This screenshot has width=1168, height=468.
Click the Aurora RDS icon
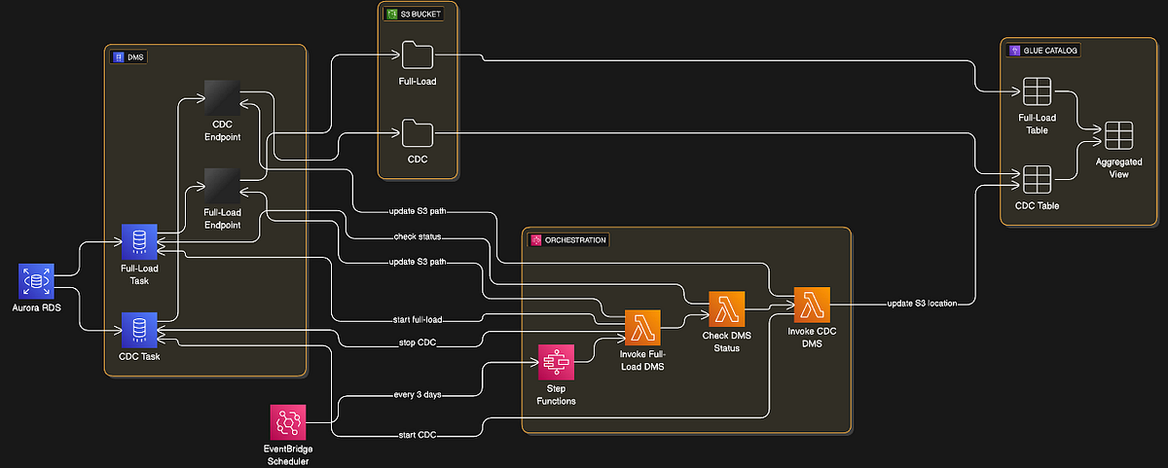tap(38, 281)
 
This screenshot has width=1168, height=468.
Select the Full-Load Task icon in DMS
tap(138, 241)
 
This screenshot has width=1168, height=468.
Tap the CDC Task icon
tap(138, 330)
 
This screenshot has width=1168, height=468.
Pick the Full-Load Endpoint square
tap(222, 185)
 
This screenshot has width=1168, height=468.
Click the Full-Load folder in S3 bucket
tap(417, 54)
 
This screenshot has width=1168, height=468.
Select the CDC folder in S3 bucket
tap(417, 131)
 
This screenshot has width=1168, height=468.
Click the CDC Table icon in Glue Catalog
tap(1037, 179)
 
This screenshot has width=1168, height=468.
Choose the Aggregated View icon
tap(1118, 134)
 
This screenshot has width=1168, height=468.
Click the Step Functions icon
tap(557, 363)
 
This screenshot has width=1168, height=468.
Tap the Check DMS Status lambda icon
tap(727, 309)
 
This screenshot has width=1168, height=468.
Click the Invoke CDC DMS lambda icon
tap(811, 305)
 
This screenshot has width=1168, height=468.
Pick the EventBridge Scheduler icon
tap(287, 422)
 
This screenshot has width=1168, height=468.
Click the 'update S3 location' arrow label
tap(922, 304)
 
